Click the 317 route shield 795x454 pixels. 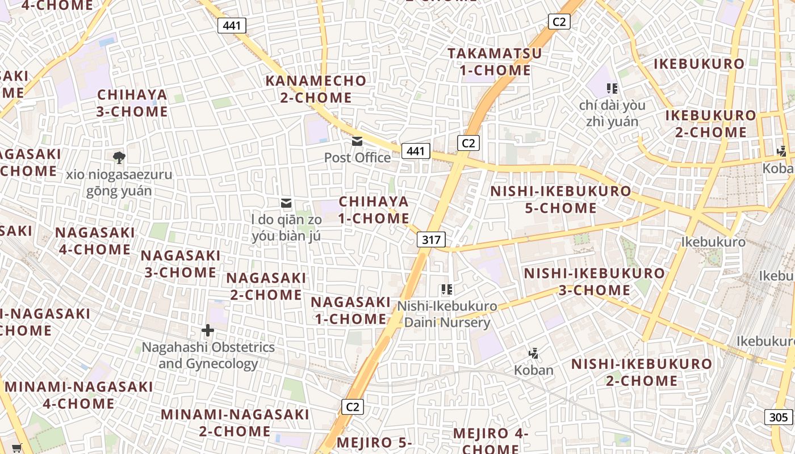click(431, 239)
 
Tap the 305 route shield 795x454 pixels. click(779, 418)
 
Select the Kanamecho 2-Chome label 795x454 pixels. click(316, 89)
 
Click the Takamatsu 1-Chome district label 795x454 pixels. click(495, 62)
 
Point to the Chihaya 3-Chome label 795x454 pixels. click(132, 103)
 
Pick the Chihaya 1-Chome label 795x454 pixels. click(374, 210)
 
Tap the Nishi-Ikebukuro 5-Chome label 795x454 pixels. click(560, 200)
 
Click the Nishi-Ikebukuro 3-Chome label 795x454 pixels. click(593, 281)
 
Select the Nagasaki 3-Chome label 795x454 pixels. click(180, 264)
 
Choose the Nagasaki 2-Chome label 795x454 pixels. click(266, 287)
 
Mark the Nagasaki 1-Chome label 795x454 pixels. click(351, 310)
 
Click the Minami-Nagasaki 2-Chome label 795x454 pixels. click(235, 423)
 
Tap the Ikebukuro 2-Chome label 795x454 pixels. click(710, 124)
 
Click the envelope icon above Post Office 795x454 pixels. click(357, 141)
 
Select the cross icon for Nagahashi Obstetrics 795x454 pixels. click(208, 330)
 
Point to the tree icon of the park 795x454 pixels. click(119, 157)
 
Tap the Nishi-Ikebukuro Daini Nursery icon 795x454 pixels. click(446, 289)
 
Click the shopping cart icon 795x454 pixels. click(16, 448)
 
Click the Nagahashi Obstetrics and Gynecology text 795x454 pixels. click(208, 355)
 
